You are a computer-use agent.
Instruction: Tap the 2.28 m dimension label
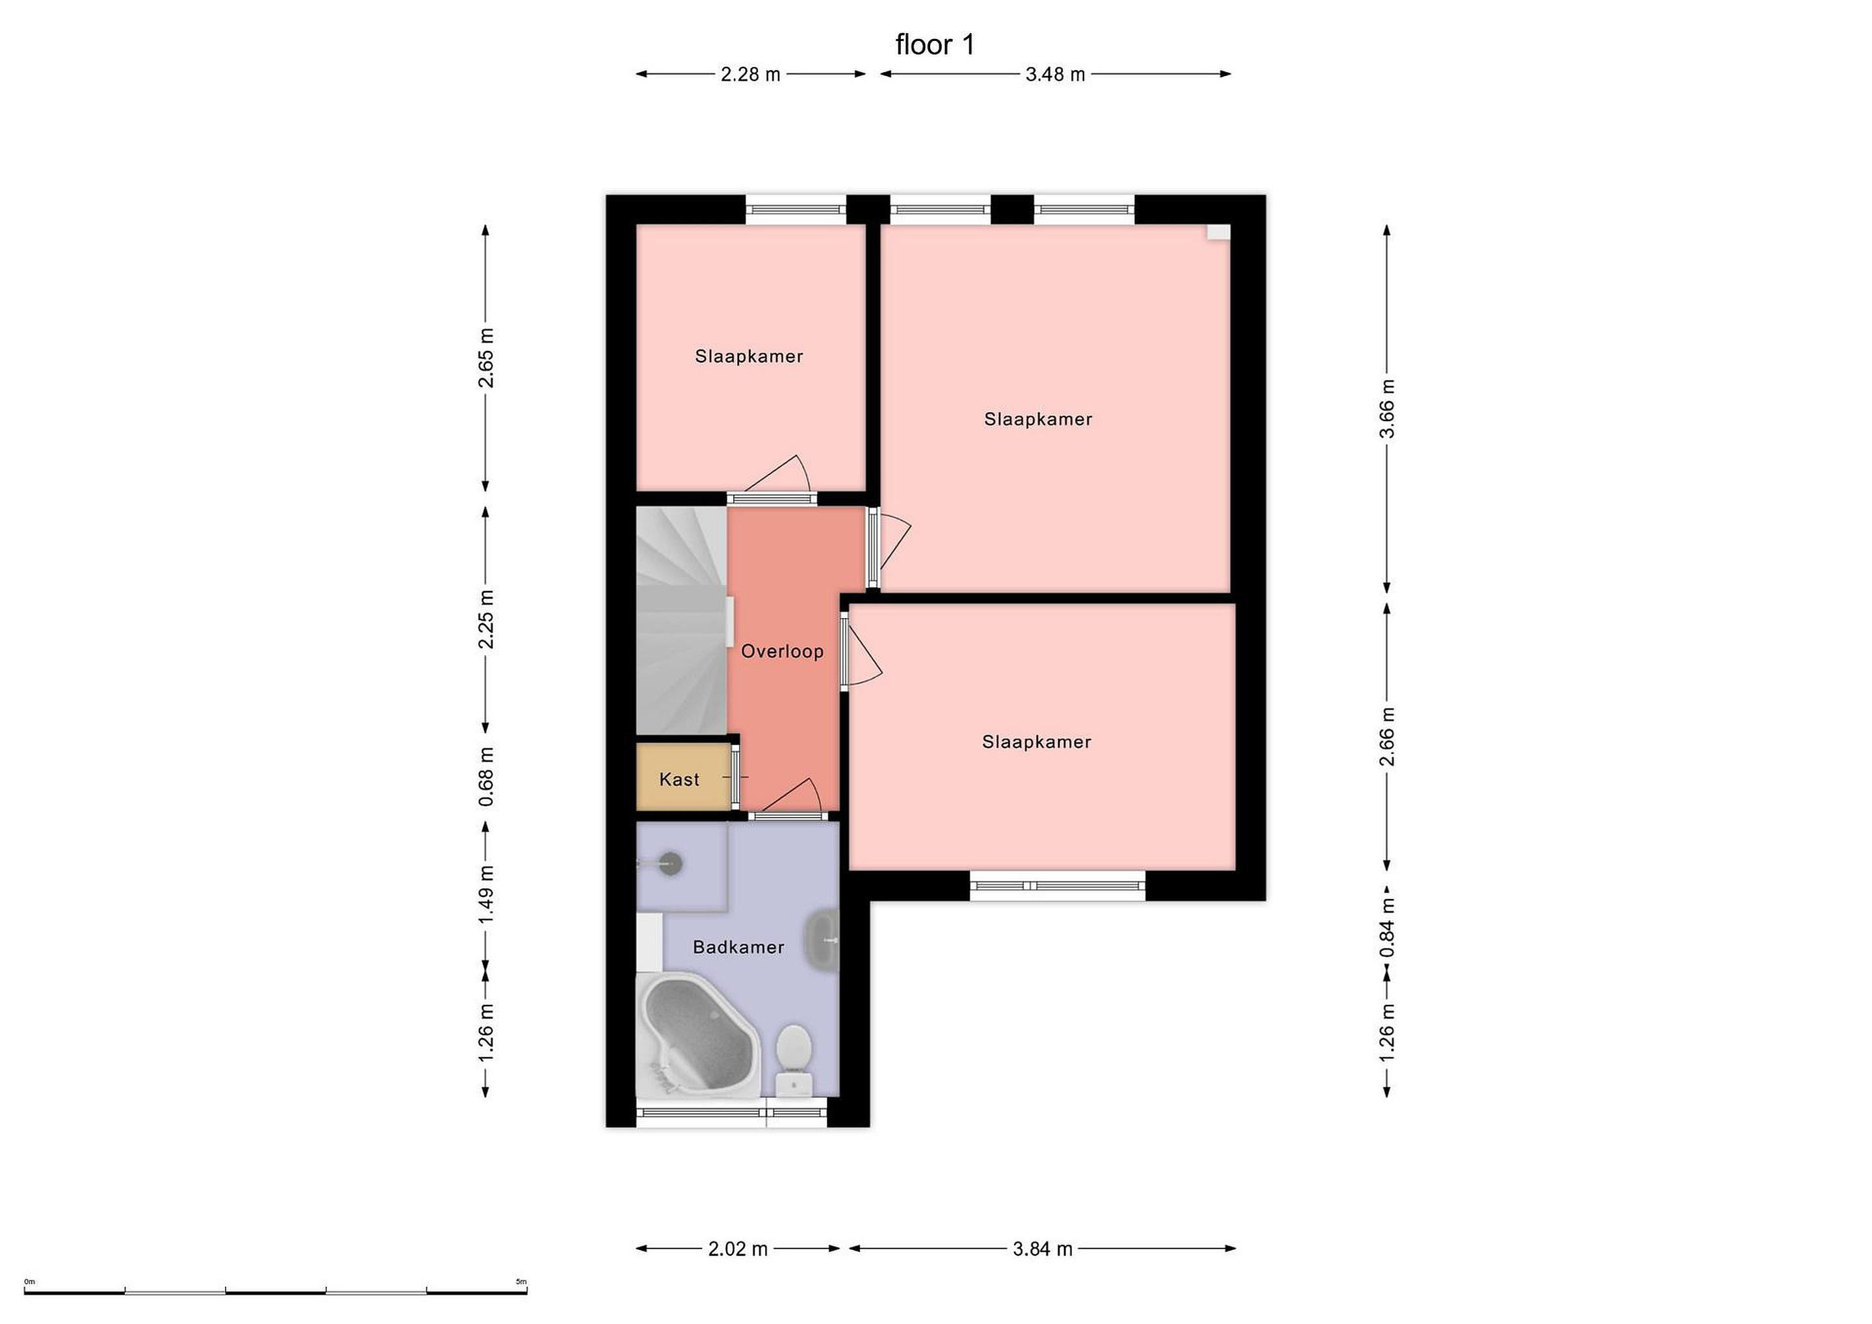click(x=750, y=75)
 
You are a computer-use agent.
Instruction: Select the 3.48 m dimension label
click(x=1055, y=75)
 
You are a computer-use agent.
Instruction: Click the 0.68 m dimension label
click(x=486, y=776)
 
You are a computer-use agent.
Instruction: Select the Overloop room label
click(x=782, y=651)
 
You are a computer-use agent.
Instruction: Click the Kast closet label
click(x=679, y=779)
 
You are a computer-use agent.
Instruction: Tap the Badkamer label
click(x=738, y=948)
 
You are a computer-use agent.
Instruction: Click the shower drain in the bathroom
click(x=670, y=862)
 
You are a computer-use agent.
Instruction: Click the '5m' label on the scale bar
click(x=521, y=1282)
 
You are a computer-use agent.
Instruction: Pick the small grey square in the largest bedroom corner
click(x=1218, y=232)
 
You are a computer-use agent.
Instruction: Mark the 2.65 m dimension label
click(x=486, y=358)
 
